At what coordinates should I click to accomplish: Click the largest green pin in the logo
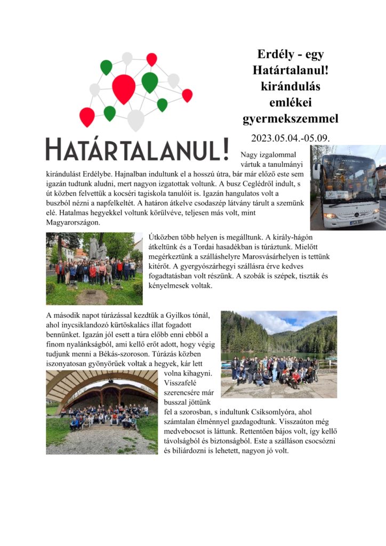(x=150, y=81)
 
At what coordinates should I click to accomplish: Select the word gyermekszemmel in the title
(x=291, y=118)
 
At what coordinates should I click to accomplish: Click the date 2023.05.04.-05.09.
(x=291, y=138)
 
